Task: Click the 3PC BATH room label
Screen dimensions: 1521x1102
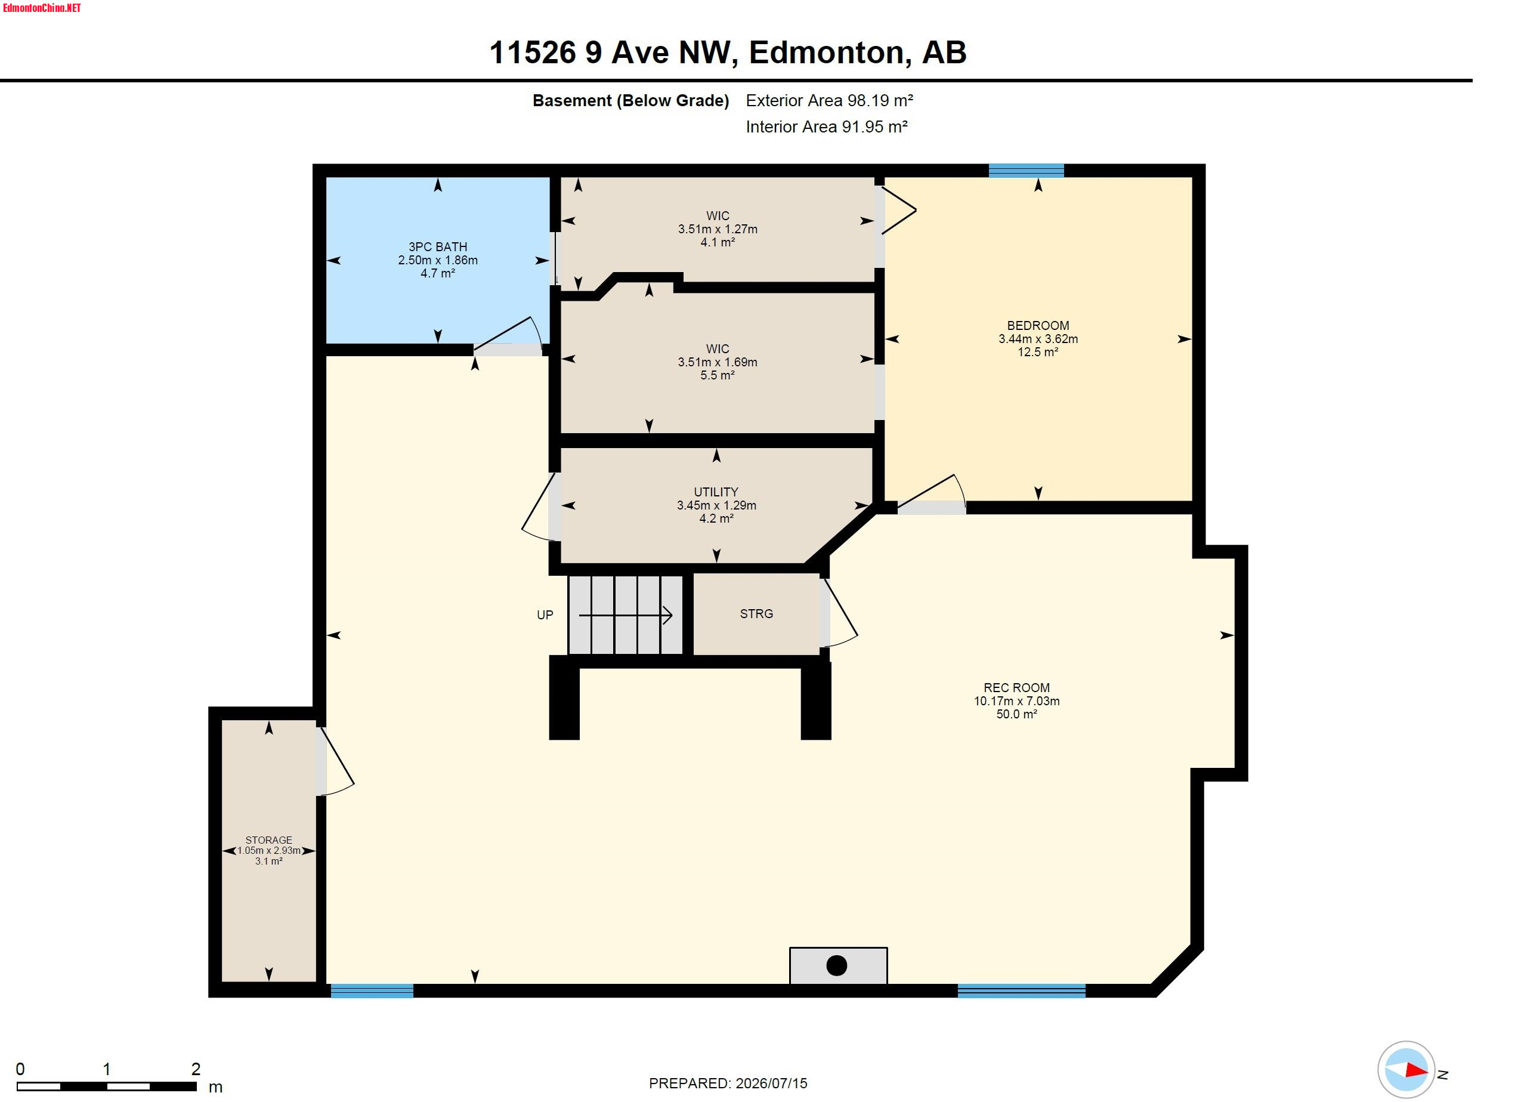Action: click(438, 247)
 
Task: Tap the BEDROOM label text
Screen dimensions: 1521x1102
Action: click(1037, 325)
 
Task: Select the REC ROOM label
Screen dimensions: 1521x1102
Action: click(1016, 687)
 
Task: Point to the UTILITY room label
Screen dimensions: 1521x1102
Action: click(716, 492)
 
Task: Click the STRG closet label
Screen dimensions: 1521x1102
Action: click(756, 614)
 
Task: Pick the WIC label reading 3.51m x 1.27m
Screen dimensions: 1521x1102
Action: click(718, 229)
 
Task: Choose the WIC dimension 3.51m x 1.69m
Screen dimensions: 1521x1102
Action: click(718, 362)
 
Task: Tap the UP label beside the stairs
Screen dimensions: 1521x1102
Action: click(545, 615)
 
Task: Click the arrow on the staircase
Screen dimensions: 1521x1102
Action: click(625, 615)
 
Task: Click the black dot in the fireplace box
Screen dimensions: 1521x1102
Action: click(836, 965)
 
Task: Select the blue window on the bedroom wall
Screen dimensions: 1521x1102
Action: click(1026, 171)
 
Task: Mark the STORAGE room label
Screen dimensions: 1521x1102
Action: click(268, 839)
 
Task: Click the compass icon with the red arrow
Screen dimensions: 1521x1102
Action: click(1406, 1069)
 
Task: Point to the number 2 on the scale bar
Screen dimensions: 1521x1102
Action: click(196, 1069)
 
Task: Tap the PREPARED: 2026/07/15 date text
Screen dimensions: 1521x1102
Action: click(728, 1084)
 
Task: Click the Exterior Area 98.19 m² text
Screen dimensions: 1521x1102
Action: click(830, 101)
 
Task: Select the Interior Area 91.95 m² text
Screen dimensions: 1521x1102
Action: click(827, 126)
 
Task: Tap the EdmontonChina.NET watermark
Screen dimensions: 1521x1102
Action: click(42, 8)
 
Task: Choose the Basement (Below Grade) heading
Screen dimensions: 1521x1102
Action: click(630, 101)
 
